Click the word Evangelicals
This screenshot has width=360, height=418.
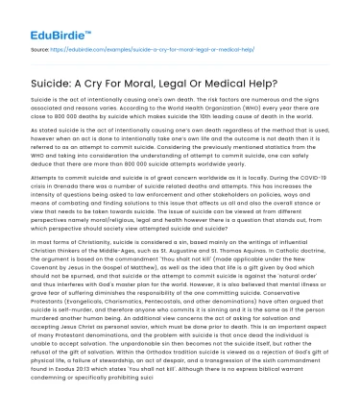click(x=87, y=323)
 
